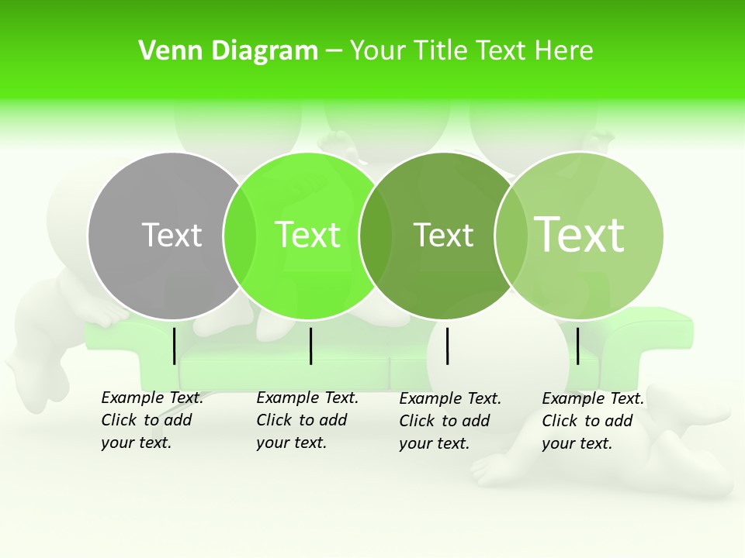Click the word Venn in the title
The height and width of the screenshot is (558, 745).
[161, 51]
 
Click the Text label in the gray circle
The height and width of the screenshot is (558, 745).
[172, 235]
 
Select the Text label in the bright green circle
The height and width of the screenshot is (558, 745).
[307, 235]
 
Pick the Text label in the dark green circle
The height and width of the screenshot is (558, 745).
[443, 235]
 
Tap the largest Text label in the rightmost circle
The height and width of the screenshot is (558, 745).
[580, 235]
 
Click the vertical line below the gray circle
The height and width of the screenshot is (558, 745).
[174, 346]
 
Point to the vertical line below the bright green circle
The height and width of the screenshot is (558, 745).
[310, 346]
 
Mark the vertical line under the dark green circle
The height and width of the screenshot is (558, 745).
[448, 346]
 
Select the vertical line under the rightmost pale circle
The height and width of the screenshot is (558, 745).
[577, 346]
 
